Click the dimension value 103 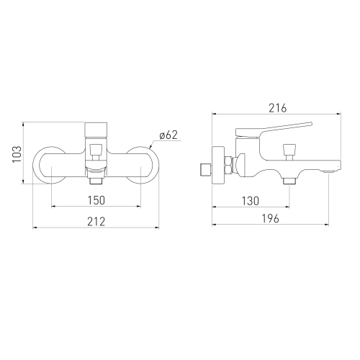17,154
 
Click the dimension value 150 96,200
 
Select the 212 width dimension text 96,222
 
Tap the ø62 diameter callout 168,135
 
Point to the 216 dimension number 278,108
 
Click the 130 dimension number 251,201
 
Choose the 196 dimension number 270,219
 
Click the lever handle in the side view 274,130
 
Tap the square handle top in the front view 96,130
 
